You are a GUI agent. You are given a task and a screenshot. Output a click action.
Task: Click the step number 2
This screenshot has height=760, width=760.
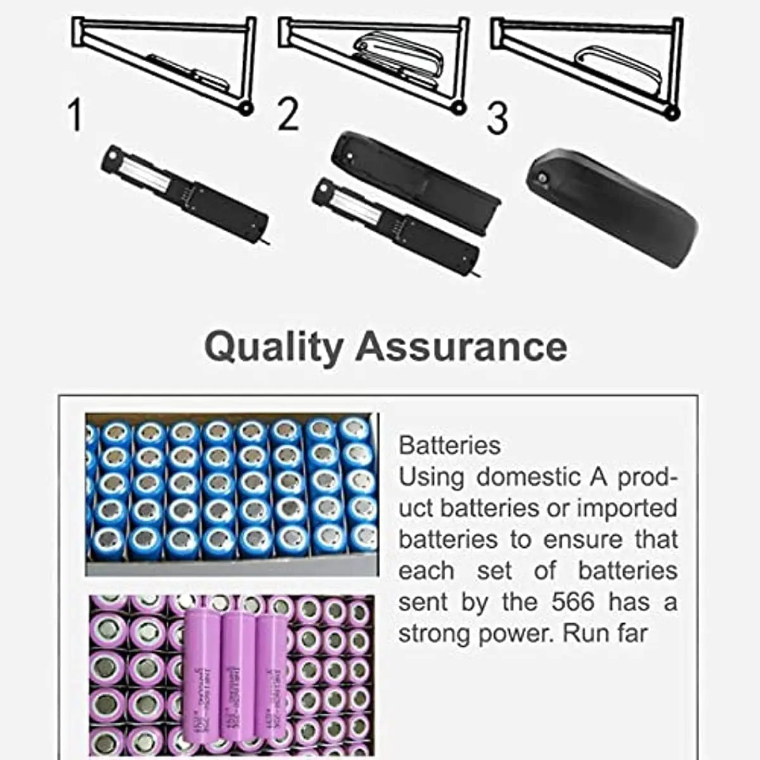click(x=288, y=115)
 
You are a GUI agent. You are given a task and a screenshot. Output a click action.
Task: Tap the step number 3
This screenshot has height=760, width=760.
click(x=498, y=118)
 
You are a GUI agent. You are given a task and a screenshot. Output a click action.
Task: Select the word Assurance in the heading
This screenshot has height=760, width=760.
click(x=461, y=346)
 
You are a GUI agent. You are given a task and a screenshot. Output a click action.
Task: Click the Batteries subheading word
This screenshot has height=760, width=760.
click(x=450, y=446)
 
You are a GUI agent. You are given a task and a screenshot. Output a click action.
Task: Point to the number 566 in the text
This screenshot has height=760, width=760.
click(x=573, y=602)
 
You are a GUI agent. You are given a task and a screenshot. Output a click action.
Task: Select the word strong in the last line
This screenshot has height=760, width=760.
click(x=434, y=633)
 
